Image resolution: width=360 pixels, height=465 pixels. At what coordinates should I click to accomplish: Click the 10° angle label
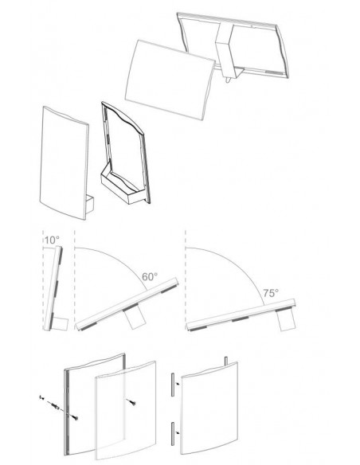[52, 240]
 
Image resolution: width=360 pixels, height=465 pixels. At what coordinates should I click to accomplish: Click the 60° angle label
[150, 276]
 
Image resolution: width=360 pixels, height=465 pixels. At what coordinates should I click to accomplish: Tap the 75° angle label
[271, 293]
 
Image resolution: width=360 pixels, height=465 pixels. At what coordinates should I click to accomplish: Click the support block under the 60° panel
[135, 318]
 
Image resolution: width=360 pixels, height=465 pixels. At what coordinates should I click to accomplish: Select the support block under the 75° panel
[287, 319]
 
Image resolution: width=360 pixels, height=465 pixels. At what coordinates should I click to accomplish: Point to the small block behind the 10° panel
[61, 324]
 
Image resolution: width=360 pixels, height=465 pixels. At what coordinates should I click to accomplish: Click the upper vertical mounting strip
[172, 385]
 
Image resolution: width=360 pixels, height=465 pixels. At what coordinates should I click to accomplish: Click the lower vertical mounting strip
[172, 433]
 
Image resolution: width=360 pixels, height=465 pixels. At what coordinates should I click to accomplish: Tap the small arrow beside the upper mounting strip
[178, 384]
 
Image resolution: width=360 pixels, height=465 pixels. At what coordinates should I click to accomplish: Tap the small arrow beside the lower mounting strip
[178, 432]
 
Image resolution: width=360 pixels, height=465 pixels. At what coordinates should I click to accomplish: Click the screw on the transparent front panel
[131, 402]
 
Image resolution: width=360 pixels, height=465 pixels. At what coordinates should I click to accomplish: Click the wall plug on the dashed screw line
[55, 406]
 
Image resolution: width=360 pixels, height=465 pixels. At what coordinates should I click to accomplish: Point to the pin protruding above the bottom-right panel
[226, 361]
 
